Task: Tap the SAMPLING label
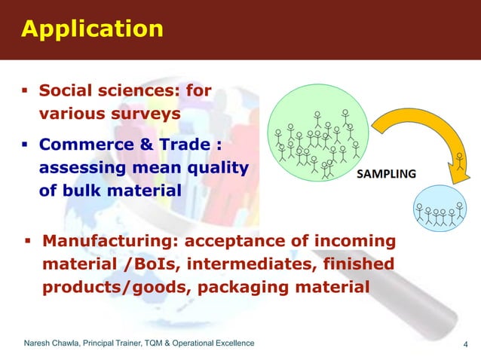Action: [x=386, y=174]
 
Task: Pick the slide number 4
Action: [x=465, y=346]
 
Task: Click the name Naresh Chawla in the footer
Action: [x=54, y=344]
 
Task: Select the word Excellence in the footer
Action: [x=231, y=344]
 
